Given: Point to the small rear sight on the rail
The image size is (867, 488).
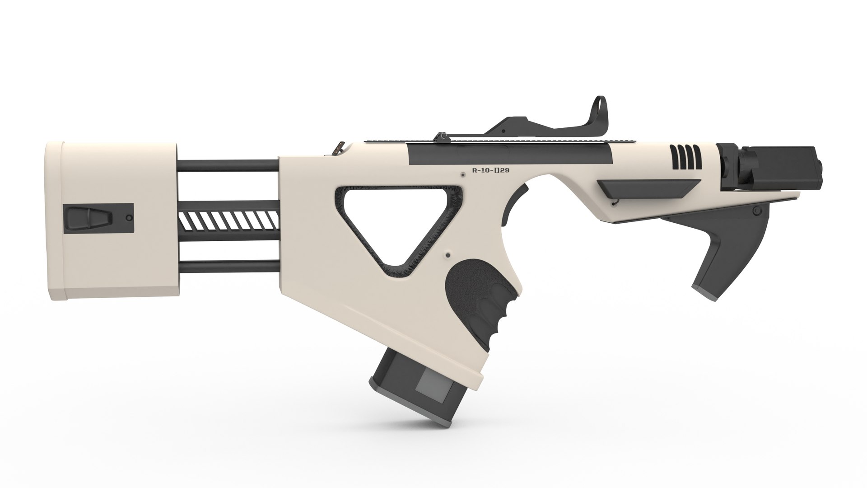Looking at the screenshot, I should (x=440, y=136).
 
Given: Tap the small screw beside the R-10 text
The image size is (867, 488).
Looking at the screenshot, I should (x=462, y=174).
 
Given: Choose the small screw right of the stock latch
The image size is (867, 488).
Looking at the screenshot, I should (x=130, y=218).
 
